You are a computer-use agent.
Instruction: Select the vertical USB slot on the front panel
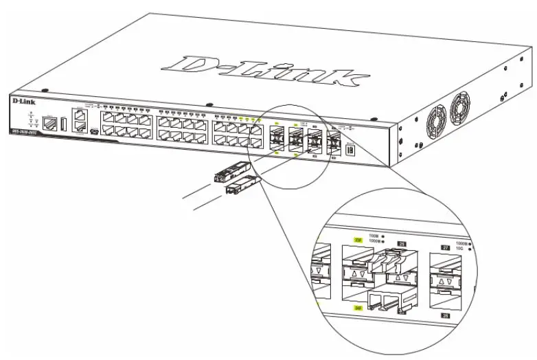(63, 124)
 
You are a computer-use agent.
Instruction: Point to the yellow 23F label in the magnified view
(357, 240)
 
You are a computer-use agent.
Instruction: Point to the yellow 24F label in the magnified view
(357, 308)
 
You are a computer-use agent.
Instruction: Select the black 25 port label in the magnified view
(402, 243)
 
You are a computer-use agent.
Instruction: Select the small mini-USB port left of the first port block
(93, 131)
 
